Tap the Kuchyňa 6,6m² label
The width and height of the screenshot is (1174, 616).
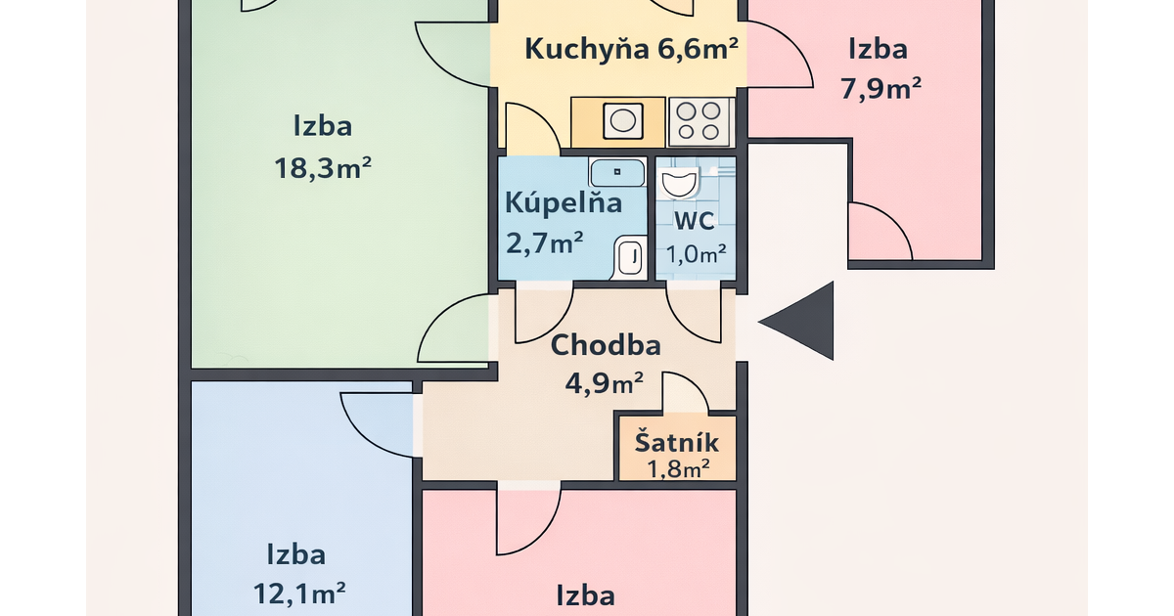(632, 49)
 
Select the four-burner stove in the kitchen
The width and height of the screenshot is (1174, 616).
(700, 122)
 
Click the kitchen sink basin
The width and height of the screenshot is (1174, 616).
(623, 121)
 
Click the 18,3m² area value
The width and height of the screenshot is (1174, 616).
(323, 168)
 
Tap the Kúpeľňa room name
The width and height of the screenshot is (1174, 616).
(564, 202)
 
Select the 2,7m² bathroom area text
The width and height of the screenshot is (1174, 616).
(545, 242)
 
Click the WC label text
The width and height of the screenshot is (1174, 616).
(694, 221)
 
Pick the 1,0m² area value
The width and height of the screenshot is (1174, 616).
(696, 254)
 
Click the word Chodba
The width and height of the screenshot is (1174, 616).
(606, 345)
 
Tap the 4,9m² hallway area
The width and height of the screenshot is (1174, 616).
(604, 383)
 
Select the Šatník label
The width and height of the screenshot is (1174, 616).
(677, 442)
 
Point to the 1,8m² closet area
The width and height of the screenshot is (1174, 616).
(678, 468)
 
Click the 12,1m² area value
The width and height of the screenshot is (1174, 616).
(299, 594)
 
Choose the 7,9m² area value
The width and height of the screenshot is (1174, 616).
(881, 88)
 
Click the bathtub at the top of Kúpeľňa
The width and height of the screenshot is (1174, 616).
(617, 172)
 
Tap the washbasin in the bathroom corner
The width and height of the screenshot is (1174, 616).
(630, 257)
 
